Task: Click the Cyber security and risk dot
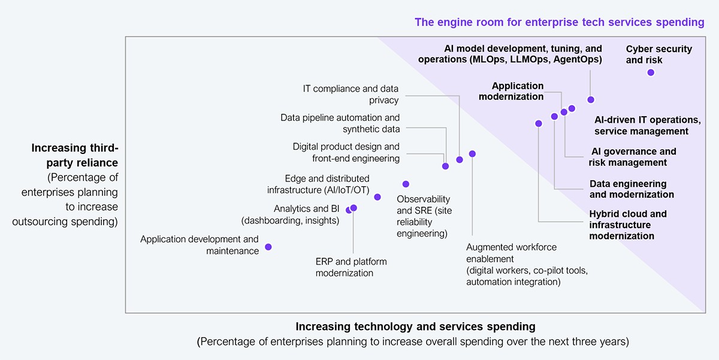click(x=651, y=72)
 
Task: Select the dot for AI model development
click(x=591, y=99)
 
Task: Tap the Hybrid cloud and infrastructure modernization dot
click(x=539, y=123)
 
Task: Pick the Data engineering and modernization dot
click(x=554, y=116)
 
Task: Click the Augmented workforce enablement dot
click(x=472, y=154)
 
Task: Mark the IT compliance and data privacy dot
click(x=460, y=159)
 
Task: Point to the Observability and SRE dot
click(x=406, y=184)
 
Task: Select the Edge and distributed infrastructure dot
click(x=377, y=197)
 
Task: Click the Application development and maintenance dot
click(x=268, y=247)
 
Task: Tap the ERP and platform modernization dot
click(x=354, y=208)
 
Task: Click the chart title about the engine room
click(x=559, y=22)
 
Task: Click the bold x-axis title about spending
click(x=415, y=326)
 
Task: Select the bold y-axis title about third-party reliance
click(x=75, y=155)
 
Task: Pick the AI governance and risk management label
click(x=632, y=157)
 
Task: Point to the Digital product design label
click(x=346, y=152)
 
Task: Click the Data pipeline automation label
click(x=340, y=123)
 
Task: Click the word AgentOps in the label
click(x=578, y=59)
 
